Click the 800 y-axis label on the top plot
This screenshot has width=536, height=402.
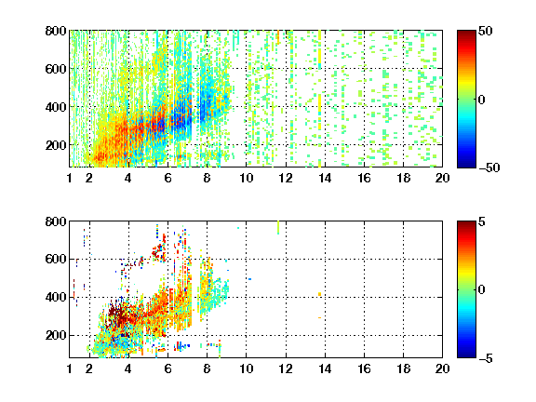(56, 31)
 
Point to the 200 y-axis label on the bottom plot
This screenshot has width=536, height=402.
(56, 335)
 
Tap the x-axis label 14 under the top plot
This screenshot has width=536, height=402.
(325, 178)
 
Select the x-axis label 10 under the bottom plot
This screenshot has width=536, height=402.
(246, 368)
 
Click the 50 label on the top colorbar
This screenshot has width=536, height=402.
(485, 32)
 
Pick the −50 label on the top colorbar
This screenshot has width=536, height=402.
(489, 167)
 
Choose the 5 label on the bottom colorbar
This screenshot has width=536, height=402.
(482, 221)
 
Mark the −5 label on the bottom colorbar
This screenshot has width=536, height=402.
(486, 358)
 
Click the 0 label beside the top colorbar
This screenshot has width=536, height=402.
(482, 100)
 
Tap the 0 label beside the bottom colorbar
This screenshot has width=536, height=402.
(482, 290)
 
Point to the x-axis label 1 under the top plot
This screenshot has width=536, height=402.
(70, 178)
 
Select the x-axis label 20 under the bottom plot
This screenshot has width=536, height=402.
(442, 368)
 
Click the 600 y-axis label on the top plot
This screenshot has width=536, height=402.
(56, 69)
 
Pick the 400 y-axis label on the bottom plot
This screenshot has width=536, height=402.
(56, 297)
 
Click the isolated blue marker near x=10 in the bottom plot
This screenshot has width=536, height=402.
(250, 279)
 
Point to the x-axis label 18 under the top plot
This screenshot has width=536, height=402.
(403, 178)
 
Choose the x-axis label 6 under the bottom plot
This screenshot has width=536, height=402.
(167, 368)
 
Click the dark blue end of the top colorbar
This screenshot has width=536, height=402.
(466, 165)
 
